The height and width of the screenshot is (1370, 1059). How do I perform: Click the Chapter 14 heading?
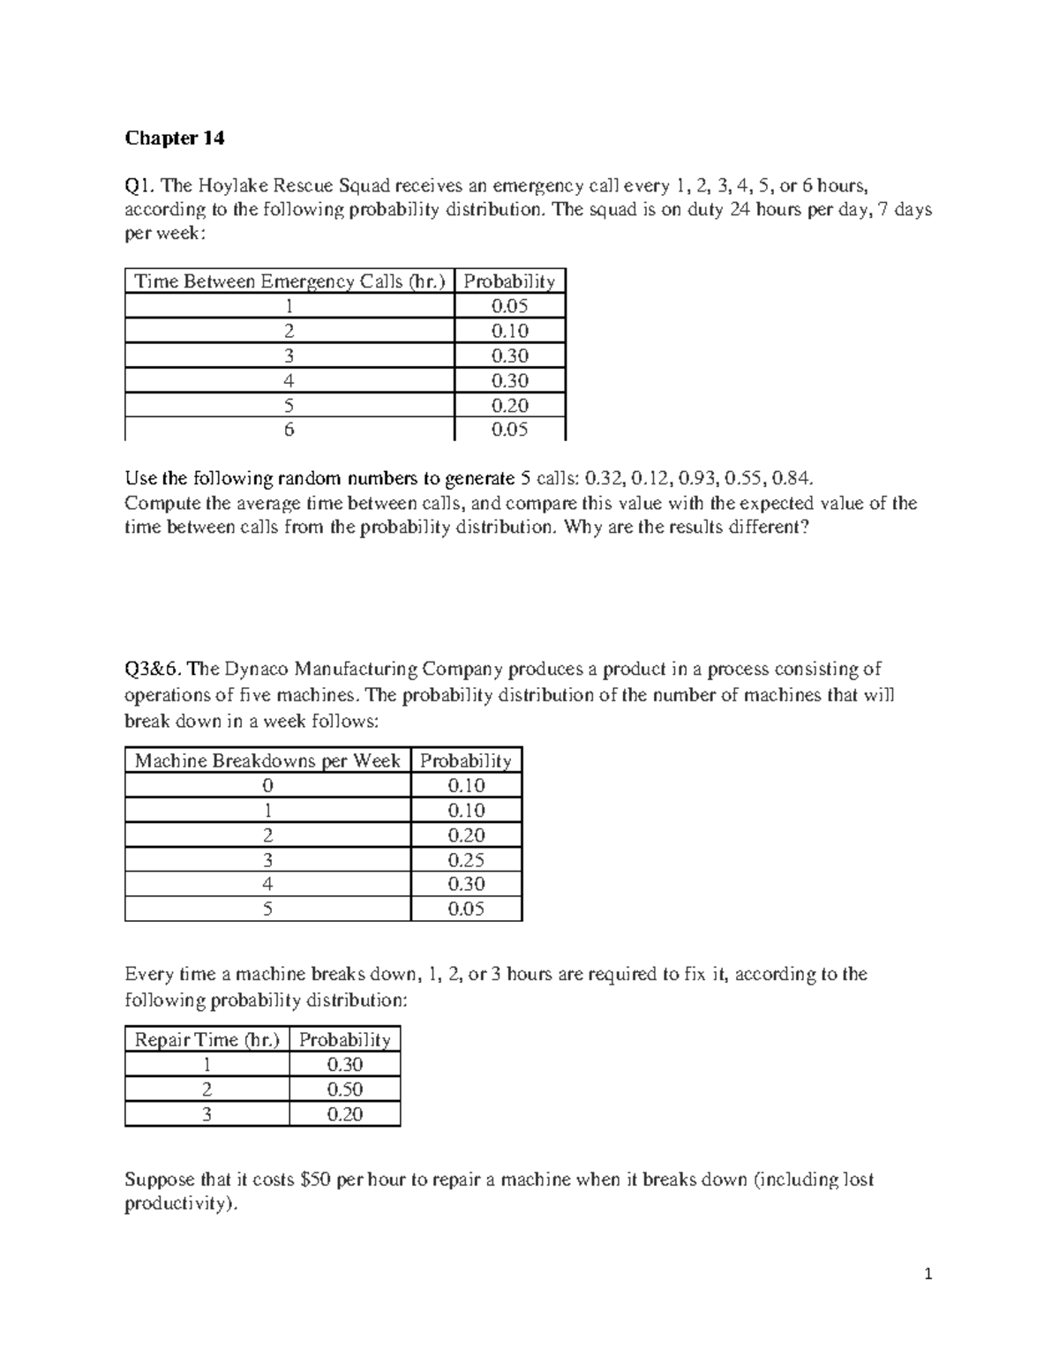tap(175, 138)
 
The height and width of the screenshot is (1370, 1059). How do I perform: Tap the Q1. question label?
tap(140, 185)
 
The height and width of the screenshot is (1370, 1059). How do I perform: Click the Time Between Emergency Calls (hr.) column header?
tap(289, 281)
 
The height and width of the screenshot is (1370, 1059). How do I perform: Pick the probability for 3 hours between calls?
tap(509, 356)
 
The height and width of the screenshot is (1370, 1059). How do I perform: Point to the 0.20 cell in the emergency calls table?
tap(509, 405)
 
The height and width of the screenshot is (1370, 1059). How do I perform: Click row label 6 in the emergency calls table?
tap(289, 430)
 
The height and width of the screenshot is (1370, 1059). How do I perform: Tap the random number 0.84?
tap(787, 479)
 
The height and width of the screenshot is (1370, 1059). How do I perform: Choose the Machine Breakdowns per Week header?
tap(267, 760)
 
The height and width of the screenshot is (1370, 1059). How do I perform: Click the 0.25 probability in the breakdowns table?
tap(466, 860)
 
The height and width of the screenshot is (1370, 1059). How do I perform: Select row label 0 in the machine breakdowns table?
tap(267, 786)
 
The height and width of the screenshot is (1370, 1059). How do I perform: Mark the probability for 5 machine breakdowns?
tap(466, 909)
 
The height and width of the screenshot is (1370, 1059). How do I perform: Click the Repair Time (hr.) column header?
tap(207, 1040)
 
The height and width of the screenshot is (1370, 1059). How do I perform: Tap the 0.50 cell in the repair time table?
tap(344, 1089)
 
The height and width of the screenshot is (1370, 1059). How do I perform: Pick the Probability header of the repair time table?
tap(344, 1040)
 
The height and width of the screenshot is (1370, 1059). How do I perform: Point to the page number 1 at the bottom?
tap(928, 1274)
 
